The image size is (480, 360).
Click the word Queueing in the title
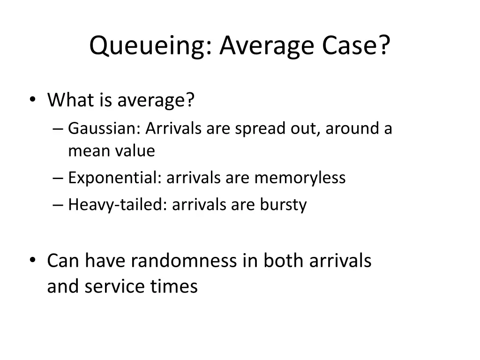150,45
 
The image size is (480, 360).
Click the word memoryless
300,178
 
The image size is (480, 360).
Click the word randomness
184,261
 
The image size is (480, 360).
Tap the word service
115,286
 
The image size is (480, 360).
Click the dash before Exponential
60,178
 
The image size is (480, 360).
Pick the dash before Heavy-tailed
60,205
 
